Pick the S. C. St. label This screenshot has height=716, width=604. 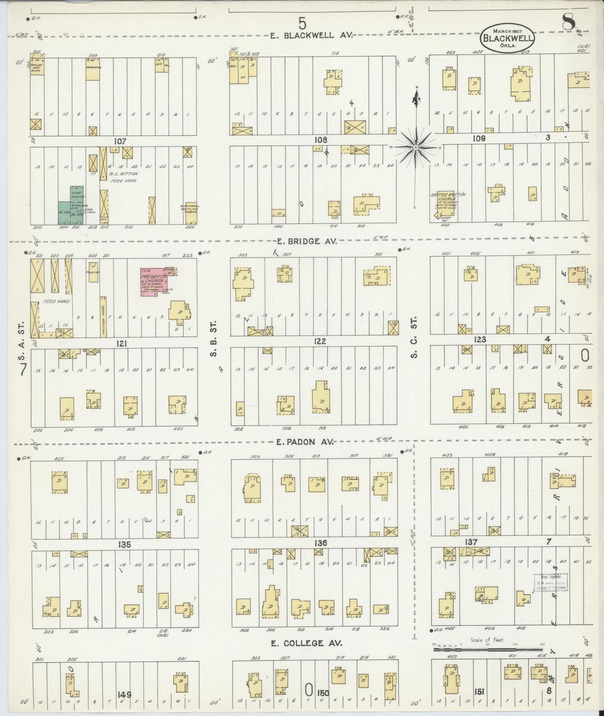414,339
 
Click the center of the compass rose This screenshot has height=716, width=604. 416,147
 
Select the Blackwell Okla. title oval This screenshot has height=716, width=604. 507,38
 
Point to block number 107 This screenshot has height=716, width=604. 120,141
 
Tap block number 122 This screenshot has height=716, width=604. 320,342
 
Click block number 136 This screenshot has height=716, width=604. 321,543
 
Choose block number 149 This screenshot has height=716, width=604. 125,694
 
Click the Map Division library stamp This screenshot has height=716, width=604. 550,581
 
